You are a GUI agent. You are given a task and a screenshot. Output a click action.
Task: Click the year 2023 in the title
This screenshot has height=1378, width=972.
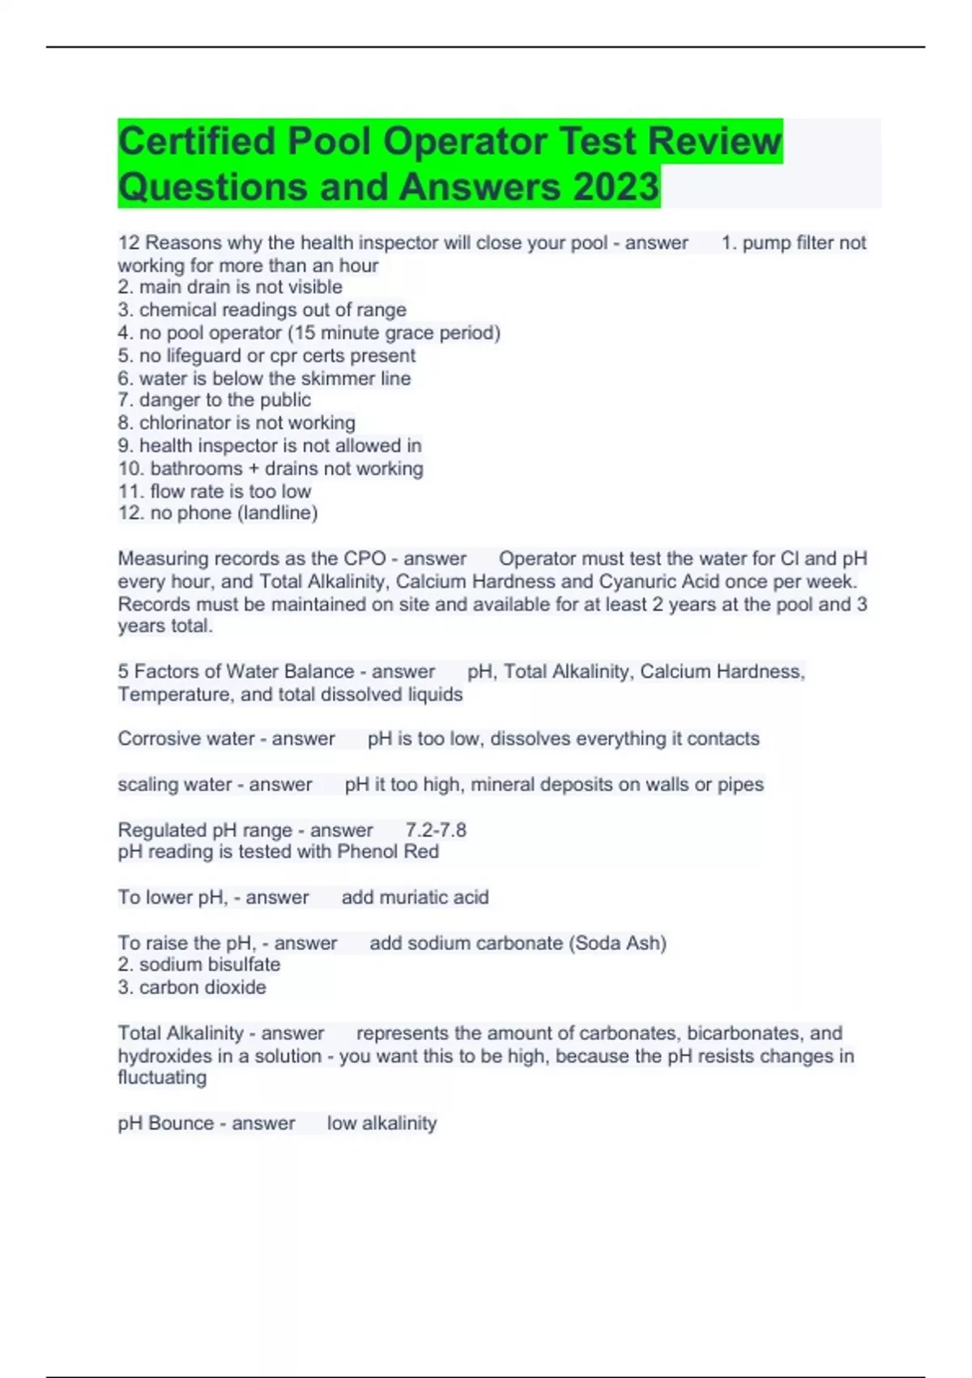point(616,186)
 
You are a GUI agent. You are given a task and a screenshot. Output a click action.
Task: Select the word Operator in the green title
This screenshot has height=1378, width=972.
point(465,141)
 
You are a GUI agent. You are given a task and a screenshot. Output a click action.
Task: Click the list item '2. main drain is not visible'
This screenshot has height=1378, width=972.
point(230,287)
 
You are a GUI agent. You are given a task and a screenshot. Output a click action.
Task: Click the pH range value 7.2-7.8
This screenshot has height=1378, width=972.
point(436,830)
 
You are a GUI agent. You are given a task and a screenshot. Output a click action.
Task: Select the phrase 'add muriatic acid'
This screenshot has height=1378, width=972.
point(415,897)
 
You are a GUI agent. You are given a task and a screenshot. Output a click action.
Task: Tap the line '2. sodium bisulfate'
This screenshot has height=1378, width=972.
point(199,965)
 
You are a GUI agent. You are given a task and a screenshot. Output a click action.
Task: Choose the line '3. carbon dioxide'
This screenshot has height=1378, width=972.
point(192,987)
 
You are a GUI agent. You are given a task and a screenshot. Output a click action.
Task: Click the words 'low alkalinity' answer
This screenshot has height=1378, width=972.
point(382,1123)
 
